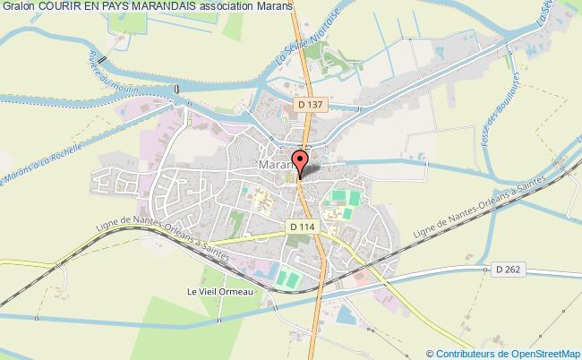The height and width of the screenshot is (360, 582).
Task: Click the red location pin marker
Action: [x=302, y=162]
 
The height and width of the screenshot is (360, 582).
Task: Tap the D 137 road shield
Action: [x=306, y=105]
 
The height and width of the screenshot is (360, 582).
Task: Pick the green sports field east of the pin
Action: [x=341, y=195]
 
